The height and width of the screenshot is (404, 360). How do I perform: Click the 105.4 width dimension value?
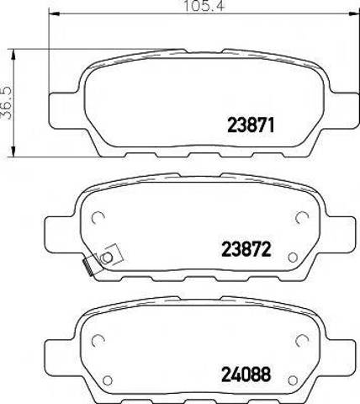pyautogui.click(x=204, y=6)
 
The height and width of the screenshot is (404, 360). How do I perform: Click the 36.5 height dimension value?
pyautogui.click(x=6, y=103)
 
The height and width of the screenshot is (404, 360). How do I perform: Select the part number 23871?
pyautogui.click(x=250, y=125)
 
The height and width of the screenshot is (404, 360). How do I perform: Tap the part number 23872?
pyautogui.click(x=246, y=249)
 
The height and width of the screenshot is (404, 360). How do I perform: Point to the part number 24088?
pyautogui.click(x=246, y=375)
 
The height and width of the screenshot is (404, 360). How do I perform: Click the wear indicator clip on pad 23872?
pyautogui.click(x=103, y=259)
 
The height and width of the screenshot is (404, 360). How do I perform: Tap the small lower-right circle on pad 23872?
pyautogui.click(x=293, y=257)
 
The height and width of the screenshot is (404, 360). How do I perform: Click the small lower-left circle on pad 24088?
pyautogui.click(x=108, y=380)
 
